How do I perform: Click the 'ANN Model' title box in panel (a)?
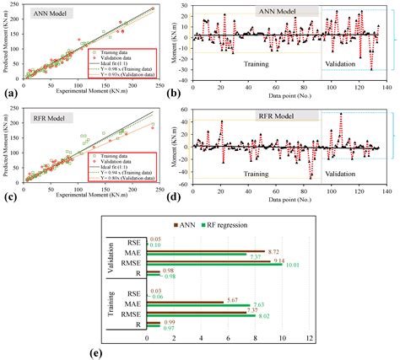point(51,14)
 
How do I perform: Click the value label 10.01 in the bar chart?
point(294,264)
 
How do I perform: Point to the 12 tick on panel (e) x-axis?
point(311,338)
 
